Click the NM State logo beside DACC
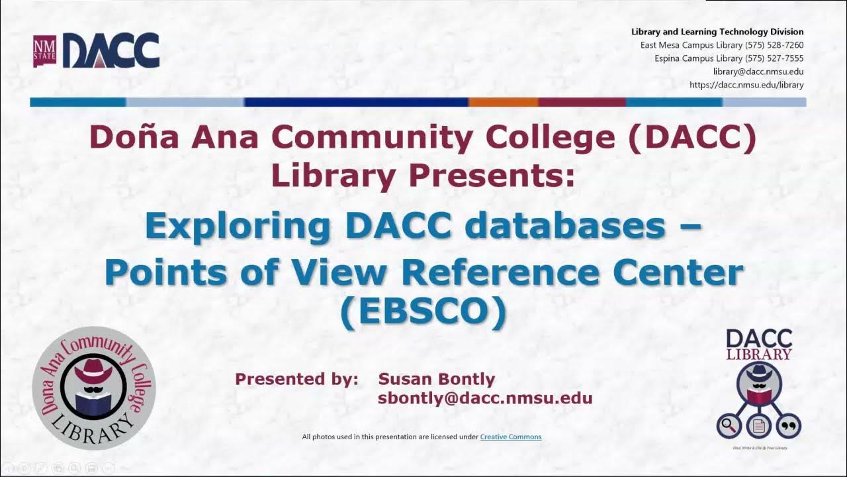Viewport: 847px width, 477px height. (45, 52)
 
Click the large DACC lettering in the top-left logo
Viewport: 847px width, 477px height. (111, 51)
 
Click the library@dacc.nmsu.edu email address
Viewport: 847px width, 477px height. (758, 72)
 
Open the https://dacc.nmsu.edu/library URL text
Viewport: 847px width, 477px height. (746, 85)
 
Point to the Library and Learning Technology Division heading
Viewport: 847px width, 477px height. (717, 32)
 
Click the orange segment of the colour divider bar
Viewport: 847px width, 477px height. (503, 102)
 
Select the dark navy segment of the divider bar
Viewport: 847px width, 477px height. (356, 102)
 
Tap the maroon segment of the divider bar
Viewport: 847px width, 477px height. (582, 102)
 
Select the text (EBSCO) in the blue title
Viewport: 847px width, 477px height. (423, 312)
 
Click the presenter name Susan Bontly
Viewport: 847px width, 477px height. (436, 379)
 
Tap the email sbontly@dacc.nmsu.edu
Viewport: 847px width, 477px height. (484, 398)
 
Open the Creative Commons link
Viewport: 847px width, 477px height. (510, 437)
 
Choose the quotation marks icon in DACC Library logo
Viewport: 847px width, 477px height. (789, 425)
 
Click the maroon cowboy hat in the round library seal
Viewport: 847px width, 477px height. (93, 370)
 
